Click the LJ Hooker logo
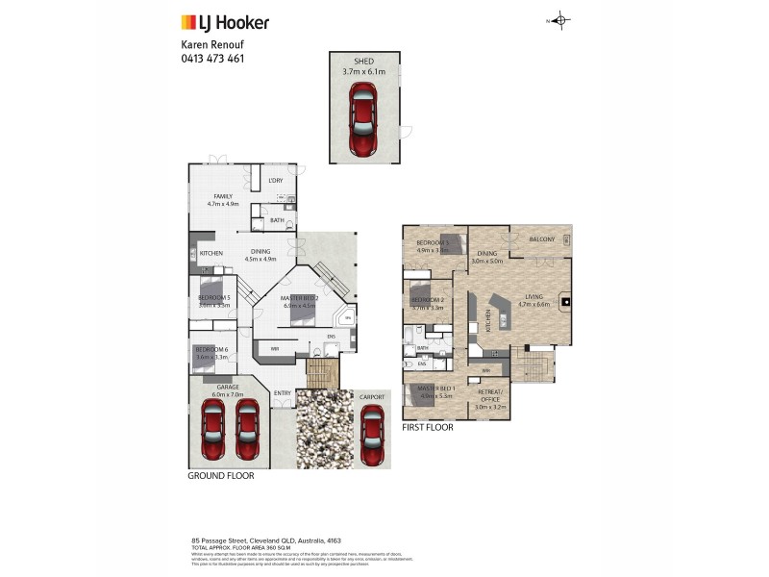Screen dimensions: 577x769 pos(225,22)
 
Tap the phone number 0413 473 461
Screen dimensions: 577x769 pos(212,59)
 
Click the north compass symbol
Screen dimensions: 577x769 pos(561,20)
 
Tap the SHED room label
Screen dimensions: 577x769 pos(362,63)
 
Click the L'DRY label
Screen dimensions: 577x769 pos(276,181)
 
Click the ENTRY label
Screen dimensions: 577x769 pos(282,392)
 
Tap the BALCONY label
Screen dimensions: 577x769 pos(540,239)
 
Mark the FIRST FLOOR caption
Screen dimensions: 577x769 pos(428,427)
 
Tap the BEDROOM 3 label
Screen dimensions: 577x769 pos(433,243)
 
